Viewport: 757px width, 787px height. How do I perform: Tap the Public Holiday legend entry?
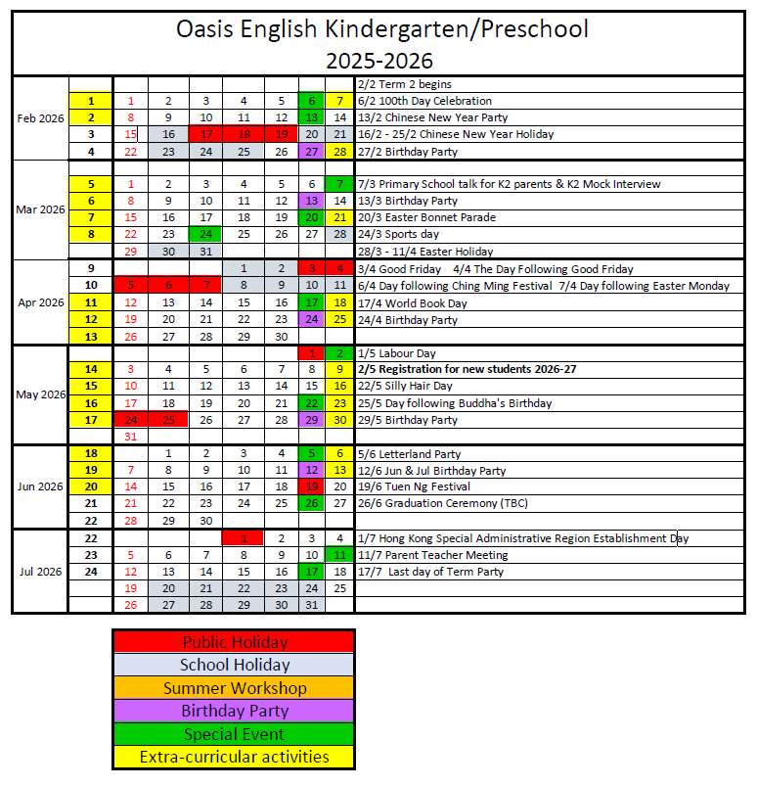[x=234, y=642]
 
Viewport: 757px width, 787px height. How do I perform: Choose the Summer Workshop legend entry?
[x=234, y=688]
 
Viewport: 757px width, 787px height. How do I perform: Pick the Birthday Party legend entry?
[x=234, y=711]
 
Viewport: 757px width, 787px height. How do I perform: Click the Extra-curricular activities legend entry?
[x=234, y=757]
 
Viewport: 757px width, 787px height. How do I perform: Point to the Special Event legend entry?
[x=234, y=734]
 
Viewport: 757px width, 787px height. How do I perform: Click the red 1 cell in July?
[x=244, y=537]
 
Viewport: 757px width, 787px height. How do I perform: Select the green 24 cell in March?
[x=205, y=234]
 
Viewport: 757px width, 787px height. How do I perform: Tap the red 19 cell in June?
[x=311, y=486]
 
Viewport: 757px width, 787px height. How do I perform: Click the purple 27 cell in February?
[x=311, y=152]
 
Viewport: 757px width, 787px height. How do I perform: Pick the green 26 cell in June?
[x=311, y=503]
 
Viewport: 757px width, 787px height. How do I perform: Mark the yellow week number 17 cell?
[x=91, y=420]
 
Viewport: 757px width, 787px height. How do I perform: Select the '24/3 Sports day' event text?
[x=402, y=235]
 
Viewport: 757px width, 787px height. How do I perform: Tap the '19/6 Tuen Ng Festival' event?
[x=415, y=486]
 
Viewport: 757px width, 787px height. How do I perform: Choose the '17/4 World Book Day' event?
[x=413, y=302]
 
